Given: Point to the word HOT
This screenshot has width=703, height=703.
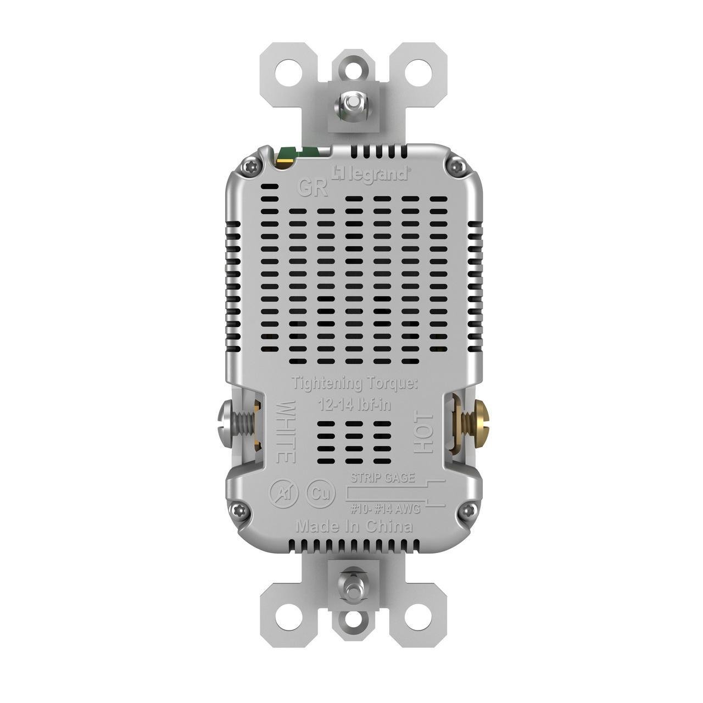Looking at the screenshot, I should pos(425,434).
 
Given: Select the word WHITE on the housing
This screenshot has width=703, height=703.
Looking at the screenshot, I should pos(285,432).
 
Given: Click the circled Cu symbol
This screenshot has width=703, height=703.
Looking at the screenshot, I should pos(321,493).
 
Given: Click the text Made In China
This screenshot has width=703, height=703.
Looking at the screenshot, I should pos(354,527).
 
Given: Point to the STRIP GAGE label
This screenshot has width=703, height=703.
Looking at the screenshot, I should pos(383,477).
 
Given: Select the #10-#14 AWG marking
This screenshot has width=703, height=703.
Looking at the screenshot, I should pos(385,509).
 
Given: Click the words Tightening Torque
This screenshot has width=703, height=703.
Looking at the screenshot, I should pos(354,382).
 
